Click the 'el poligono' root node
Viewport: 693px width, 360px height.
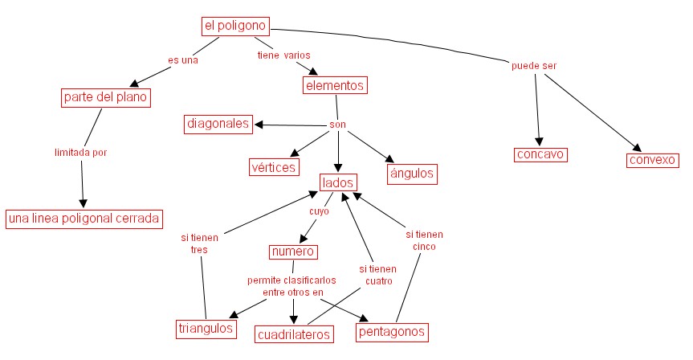[x=234, y=27]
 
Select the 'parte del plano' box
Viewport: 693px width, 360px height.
[x=107, y=98]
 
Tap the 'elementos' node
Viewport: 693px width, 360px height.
[x=335, y=84]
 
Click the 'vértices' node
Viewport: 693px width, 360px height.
[x=273, y=167]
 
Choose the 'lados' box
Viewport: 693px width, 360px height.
[x=338, y=183]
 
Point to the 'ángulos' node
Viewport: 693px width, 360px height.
[x=411, y=172]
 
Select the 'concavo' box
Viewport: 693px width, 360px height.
[x=540, y=154]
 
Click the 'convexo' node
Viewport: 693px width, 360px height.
[x=653, y=159]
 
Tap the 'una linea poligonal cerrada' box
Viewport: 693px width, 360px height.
[x=84, y=218]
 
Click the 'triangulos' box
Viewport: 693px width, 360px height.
[x=206, y=328]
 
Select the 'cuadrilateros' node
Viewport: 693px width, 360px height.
[x=294, y=333]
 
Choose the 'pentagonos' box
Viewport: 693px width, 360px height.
[x=391, y=331]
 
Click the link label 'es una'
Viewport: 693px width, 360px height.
[x=182, y=59]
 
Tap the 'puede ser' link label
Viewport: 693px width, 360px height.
[x=534, y=65]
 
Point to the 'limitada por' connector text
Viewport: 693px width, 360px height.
[x=80, y=151]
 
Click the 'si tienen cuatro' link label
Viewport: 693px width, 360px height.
[x=377, y=275]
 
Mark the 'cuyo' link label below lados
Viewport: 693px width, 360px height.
[x=320, y=211]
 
